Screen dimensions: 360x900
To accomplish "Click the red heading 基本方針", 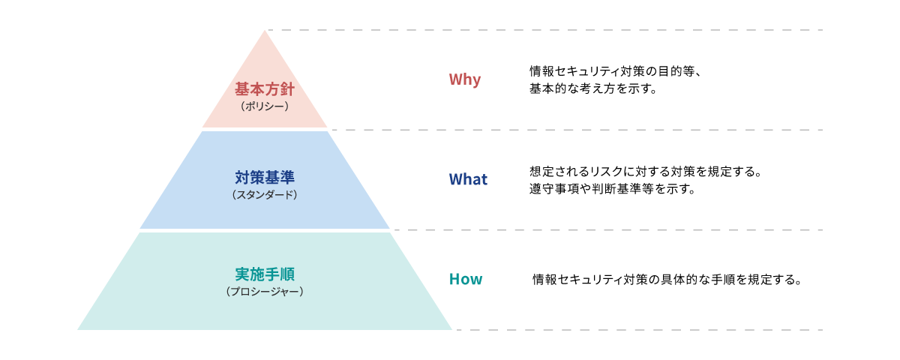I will pyautogui.click(x=265, y=89).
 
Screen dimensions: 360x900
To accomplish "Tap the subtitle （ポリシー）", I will pyautogui.click(x=265, y=106).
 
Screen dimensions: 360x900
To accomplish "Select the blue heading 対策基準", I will pyautogui.click(x=265, y=178).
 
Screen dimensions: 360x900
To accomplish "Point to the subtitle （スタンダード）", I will pyautogui.click(x=265, y=195).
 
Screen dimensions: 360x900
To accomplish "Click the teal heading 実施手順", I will pyautogui.click(x=265, y=274).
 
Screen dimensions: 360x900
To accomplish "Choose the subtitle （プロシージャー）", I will pyautogui.click(x=265, y=291).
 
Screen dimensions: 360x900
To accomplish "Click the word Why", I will pyautogui.click(x=464, y=79).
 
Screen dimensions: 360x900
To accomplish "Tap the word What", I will pyautogui.click(x=467, y=179).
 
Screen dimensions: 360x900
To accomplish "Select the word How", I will pyautogui.click(x=465, y=280).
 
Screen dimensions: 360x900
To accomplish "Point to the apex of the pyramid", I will pyautogui.click(x=265, y=31).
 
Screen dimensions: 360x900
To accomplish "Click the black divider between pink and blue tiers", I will pyautogui.click(x=265, y=129).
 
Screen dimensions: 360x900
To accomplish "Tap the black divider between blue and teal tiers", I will pyautogui.click(x=265, y=230).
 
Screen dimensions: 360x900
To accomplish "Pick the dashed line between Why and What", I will pyautogui.click(x=577, y=130).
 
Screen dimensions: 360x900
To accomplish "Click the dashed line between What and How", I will pyautogui.click(x=607, y=230).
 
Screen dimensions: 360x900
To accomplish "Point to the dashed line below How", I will pyautogui.click(x=637, y=330).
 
